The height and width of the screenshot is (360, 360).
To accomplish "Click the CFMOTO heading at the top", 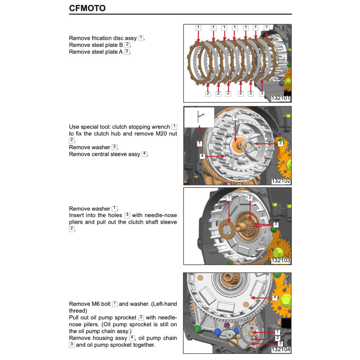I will [87, 8].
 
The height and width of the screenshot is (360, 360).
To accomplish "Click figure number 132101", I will [281, 98].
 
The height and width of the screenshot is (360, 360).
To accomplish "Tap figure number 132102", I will [281, 181].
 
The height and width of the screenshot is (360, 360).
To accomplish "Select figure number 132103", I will [281, 261].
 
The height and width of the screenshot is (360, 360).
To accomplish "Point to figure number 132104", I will [281, 349].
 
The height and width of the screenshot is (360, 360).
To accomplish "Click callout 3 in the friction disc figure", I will [262, 94].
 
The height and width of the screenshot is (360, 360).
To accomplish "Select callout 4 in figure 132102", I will [202, 156].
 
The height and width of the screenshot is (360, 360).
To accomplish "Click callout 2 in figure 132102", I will [280, 143].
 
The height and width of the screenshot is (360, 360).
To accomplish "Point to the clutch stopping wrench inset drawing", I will [199, 117].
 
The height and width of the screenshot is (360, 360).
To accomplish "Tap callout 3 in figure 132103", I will [276, 224].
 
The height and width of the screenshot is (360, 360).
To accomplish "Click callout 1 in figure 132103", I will [229, 198].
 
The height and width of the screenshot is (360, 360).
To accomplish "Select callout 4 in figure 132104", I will [275, 298].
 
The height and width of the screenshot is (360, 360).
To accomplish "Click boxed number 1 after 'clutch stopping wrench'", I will [174, 127].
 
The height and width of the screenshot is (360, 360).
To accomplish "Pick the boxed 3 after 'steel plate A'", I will [127, 52].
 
